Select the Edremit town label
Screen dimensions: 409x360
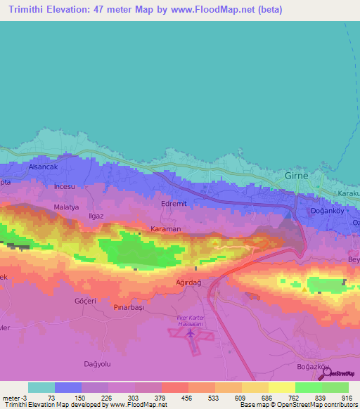point(174,204)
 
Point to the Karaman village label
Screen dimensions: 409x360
point(166,229)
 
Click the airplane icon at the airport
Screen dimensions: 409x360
point(191,334)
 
